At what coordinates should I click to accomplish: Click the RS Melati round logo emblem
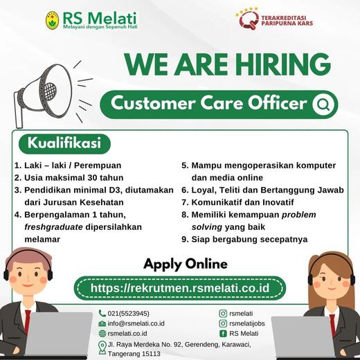click(x=53, y=21)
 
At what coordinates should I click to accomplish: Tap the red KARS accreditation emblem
click(x=249, y=19)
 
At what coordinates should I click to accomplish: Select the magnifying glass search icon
click(x=323, y=105)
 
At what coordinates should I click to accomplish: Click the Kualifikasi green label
click(x=64, y=143)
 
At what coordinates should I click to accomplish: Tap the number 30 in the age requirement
click(x=92, y=178)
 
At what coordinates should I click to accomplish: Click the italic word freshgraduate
click(x=53, y=227)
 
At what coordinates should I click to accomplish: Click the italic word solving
click(x=207, y=227)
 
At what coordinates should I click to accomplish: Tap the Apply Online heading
click(x=186, y=264)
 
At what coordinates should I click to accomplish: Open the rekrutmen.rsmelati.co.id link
click(x=180, y=288)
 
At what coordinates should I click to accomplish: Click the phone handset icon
click(x=102, y=313)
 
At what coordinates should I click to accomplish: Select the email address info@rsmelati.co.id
click(x=136, y=323)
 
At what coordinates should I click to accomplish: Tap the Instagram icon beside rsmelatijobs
click(x=223, y=323)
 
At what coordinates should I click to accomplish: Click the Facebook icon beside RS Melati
click(x=223, y=334)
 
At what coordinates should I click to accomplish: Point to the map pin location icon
click(x=102, y=348)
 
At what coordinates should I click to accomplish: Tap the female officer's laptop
click(x=303, y=338)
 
